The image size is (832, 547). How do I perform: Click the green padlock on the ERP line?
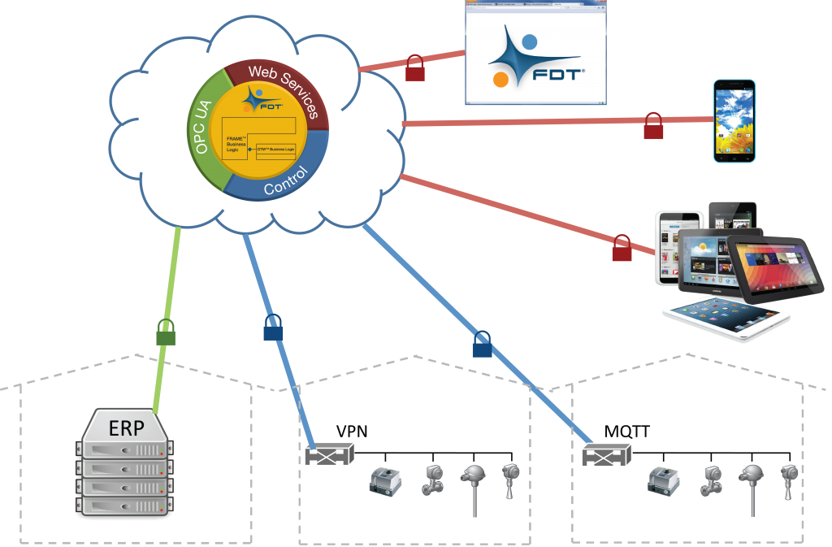click(166, 332)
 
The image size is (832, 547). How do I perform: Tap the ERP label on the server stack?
click(126, 428)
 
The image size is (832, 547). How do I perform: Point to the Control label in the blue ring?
click(286, 181)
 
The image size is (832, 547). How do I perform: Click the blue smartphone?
click(734, 120)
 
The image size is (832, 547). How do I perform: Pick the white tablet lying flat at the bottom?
click(726, 318)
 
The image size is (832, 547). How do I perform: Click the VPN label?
click(353, 432)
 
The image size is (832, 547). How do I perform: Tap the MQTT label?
click(626, 432)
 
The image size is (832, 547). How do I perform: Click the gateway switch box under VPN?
click(330, 454)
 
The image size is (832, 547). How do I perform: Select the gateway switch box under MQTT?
click(607, 455)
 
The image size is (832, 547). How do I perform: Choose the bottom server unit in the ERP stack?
click(126, 505)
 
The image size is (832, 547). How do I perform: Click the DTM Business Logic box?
click(281, 150)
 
